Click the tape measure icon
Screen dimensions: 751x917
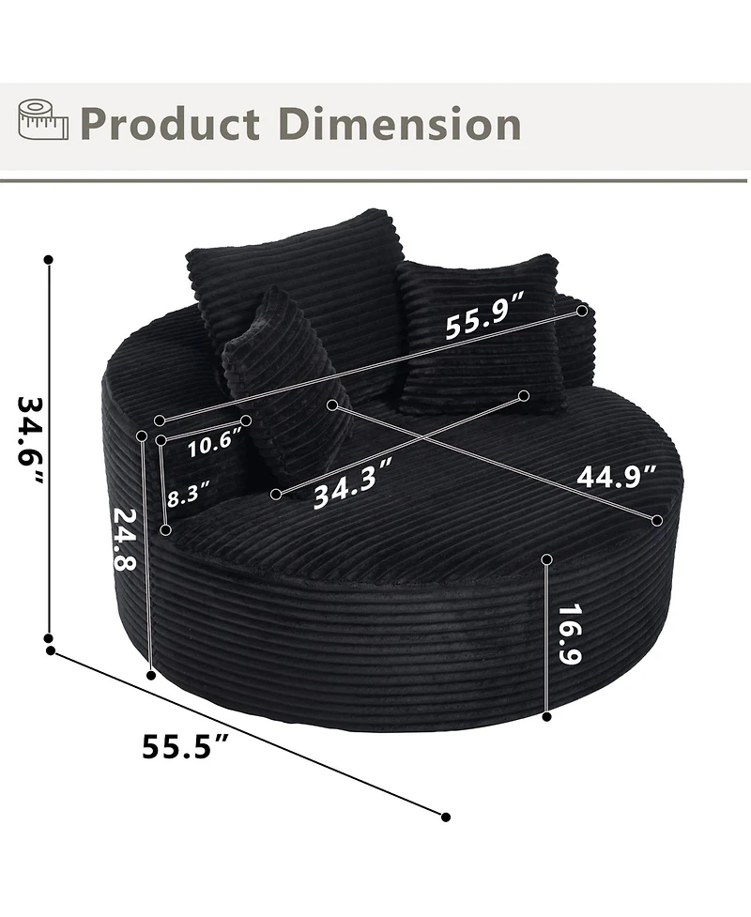click(42, 120)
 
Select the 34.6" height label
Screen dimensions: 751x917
click(30, 440)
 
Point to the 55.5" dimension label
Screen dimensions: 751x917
click(185, 745)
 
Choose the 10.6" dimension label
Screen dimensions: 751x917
click(214, 443)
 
